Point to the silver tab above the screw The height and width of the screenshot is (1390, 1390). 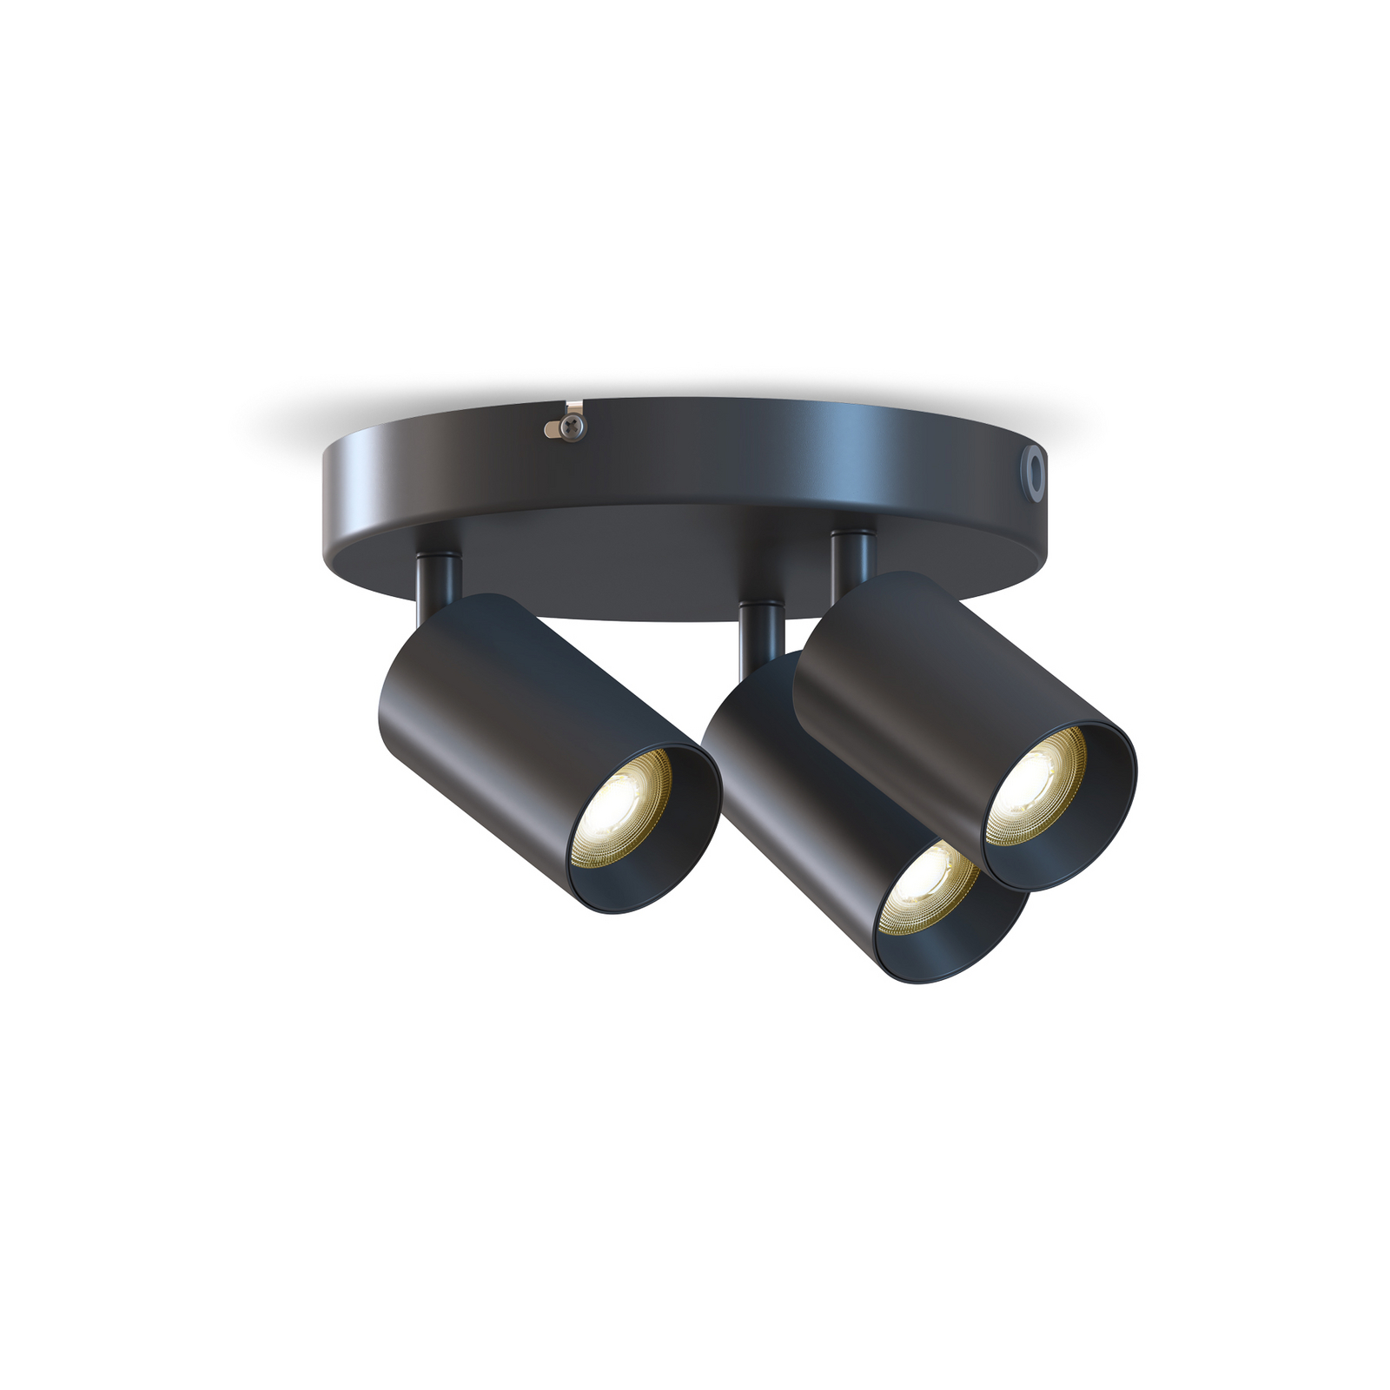(x=573, y=407)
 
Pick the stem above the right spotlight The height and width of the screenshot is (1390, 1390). (x=852, y=557)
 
